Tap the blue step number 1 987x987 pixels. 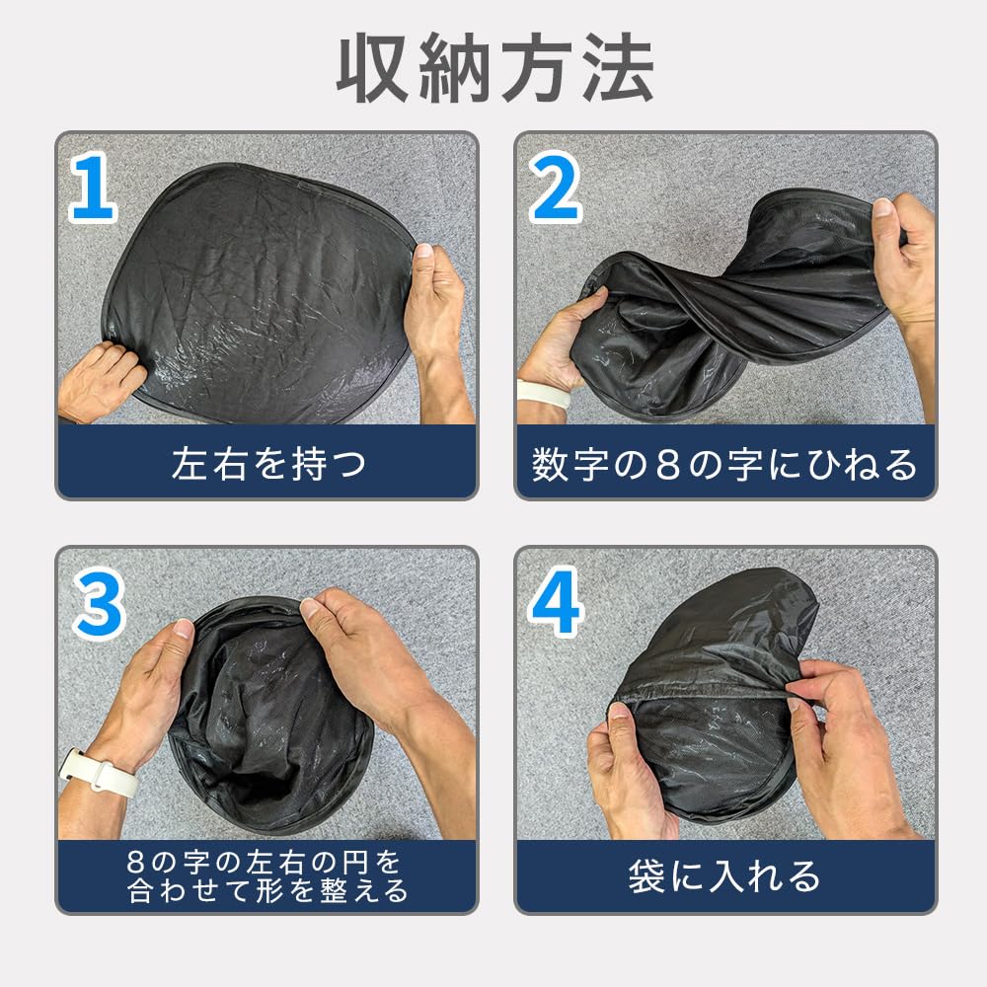click(x=93, y=188)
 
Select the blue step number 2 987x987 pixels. click(x=555, y=188)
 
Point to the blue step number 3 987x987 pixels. click(x=99, y=604)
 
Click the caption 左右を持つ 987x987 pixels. click(x=268, y=464)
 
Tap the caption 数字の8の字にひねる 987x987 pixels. click(x=724, y=465)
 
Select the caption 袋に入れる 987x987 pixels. click(x=724, y=875)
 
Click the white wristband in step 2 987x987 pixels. click(x=543, y=392)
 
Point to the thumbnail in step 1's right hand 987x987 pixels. click(x=423, y=251)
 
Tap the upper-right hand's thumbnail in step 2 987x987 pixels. click(x=882, y=207)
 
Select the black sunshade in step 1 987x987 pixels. click(x=258, y=293)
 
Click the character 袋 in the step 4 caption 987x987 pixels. click(x=645, y=875)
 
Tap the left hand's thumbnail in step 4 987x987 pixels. click(x=618, y=711)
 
